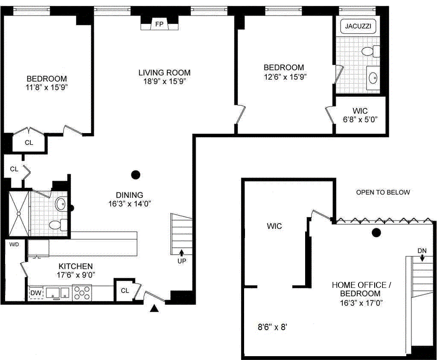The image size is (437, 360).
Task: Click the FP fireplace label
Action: pos(159,24)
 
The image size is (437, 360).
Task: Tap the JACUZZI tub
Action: pos(358,26)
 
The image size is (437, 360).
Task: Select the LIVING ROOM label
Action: pos(164,73)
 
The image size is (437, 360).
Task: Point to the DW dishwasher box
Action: pos(36,293)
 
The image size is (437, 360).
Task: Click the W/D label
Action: pos(14,244)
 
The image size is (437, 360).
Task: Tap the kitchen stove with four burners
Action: pos(82,293)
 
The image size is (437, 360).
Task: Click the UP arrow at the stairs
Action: pos(181,253)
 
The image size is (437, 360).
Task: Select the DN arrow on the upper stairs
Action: pos(422,258)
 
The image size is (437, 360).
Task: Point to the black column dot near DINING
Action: pos(136,175)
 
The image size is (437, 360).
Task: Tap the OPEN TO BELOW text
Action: pos(383,192)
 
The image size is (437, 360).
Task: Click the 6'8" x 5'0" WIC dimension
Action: pos(360,119)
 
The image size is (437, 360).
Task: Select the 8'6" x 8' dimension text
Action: pos(272,327)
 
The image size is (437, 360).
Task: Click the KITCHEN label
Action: pos(76,266)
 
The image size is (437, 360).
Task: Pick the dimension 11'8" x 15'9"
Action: pos(47,87)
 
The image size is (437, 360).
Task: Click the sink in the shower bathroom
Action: pos(61,204)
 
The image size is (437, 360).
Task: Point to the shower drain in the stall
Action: pos(19,214)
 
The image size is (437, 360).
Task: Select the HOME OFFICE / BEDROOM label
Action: pos(361,289)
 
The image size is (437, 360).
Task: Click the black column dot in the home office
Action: pos(376,232)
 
